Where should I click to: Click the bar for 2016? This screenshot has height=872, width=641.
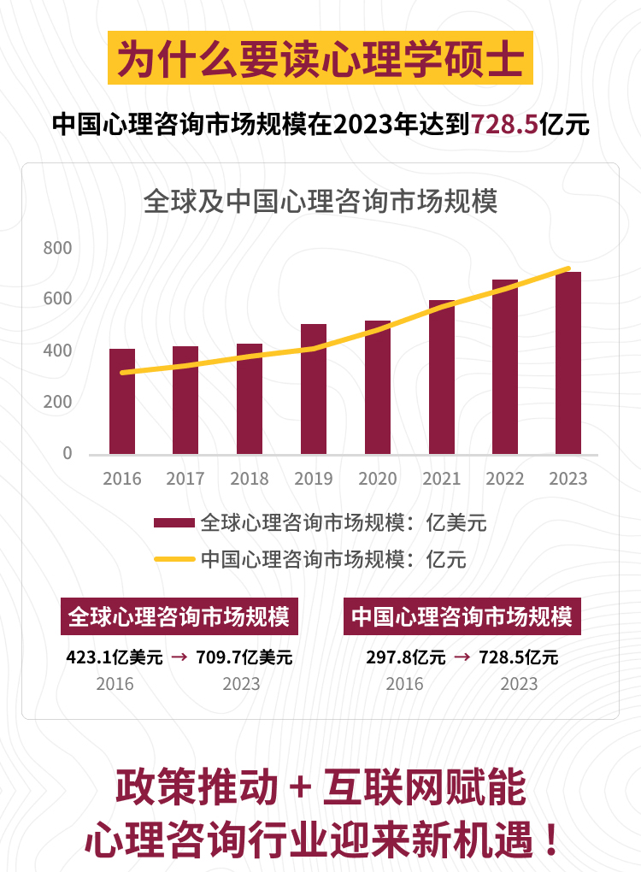[122, 401]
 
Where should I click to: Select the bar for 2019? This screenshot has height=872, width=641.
[314, 389]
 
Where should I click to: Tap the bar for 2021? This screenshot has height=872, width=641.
[442, 377]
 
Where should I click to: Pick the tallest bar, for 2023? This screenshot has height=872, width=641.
[568, 362]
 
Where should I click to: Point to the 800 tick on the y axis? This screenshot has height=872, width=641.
[58, 249]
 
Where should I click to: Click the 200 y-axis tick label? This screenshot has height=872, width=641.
[58, 402]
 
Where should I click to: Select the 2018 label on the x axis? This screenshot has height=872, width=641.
[250, 479]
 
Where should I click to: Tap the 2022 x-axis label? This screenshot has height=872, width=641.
[505, 479]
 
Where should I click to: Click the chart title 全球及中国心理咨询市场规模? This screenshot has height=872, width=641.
[320, 203]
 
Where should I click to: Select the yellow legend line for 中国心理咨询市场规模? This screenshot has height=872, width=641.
[174, 560]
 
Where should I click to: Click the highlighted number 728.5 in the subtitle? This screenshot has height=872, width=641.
[504, 125]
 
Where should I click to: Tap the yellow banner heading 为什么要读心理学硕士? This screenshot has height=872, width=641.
[320, 58]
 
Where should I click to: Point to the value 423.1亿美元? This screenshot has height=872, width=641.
[115, 657]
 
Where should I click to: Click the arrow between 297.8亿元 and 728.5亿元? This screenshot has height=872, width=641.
[462, 657]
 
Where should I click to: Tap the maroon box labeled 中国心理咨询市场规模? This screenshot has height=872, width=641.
[462, 616]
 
